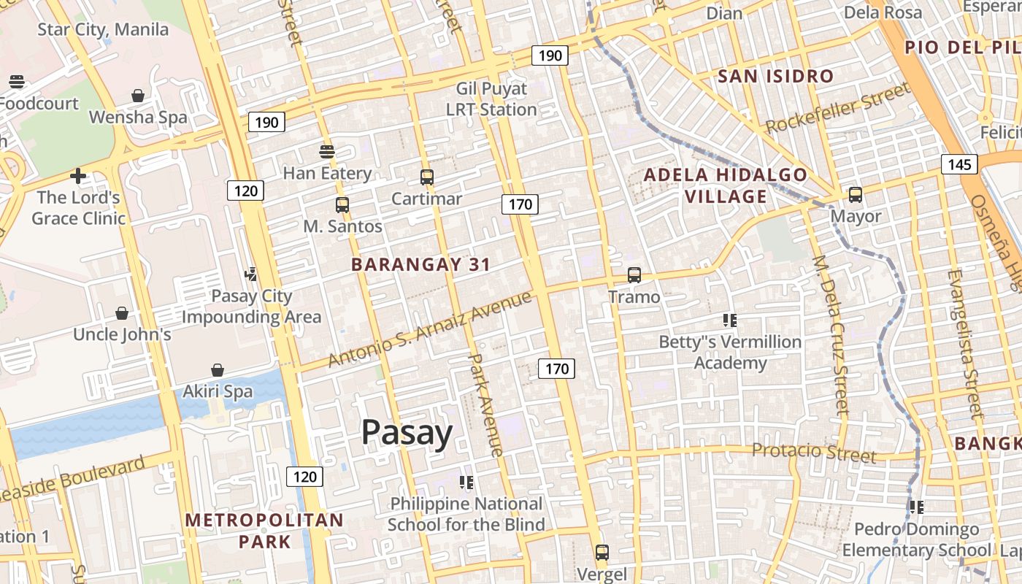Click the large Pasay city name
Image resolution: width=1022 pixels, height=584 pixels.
pos(407,433)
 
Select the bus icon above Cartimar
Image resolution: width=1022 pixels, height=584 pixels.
pos(427,177)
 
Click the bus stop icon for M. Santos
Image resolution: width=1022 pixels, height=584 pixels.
pos(342,204)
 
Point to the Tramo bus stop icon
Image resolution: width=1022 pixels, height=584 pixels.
pos(634,275)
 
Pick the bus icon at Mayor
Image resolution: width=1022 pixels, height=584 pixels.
pos(856,195)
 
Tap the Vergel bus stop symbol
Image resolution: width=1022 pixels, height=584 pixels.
pos(602,553)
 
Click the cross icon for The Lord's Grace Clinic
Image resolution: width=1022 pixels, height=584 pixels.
pos(78,176)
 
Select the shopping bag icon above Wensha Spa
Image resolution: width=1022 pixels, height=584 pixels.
pos(137,96)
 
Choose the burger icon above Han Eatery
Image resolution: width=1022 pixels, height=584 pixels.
pos(327,152)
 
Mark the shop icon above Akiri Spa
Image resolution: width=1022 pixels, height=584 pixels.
pos(217,370)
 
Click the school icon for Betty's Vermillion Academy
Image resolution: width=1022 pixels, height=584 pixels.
pos(729,320)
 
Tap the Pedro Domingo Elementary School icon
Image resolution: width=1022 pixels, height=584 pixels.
pos(917,507)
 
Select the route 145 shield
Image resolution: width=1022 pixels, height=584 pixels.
pos(959,164)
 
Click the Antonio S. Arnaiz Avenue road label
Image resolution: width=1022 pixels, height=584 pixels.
pos(429,329)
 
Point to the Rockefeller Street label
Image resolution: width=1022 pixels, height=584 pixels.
pos(838,107)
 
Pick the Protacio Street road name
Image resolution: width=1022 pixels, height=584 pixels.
pos(813,453)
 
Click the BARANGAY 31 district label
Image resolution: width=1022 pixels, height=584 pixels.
pos(420,264)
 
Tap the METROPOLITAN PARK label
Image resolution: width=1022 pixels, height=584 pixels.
pos(264,531)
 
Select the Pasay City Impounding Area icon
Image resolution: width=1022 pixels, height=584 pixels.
pos(251,274)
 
